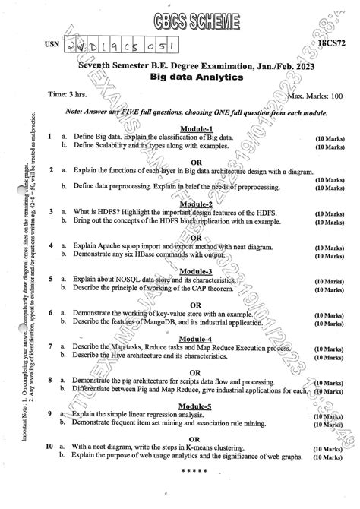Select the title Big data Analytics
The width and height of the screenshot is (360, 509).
(x=197, y=78)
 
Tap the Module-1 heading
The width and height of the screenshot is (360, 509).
(x=197, y=128)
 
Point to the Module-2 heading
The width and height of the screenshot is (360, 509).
(x=197, y=204)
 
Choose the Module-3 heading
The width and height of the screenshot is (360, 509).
(x=197, y=271)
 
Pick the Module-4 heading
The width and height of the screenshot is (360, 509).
(x=197, y=338)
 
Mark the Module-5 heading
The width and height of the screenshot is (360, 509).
(x=197, y=406)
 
